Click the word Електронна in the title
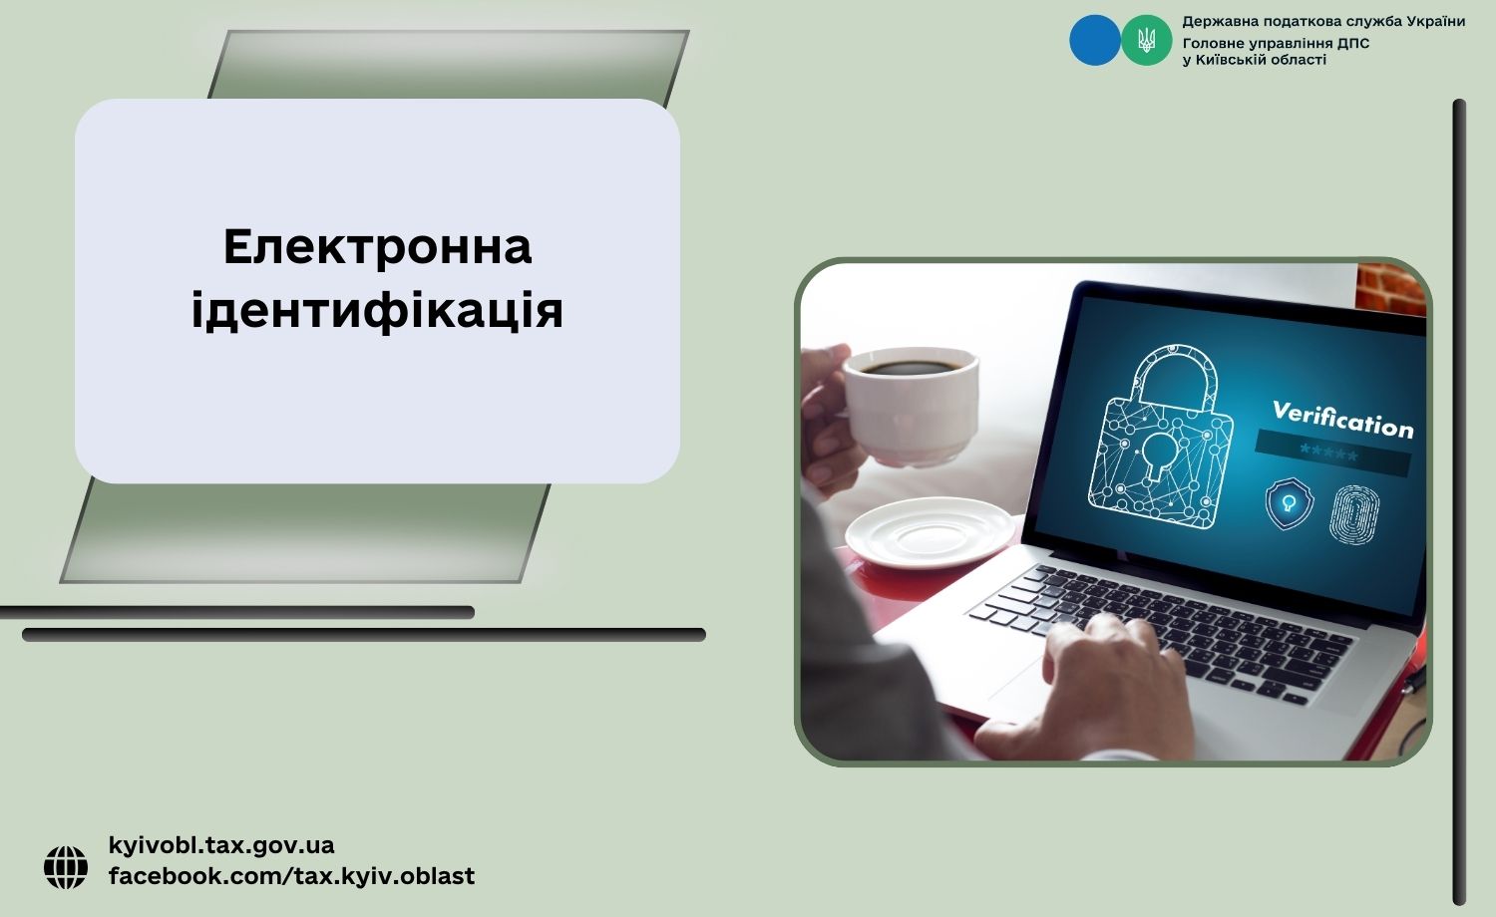pyautogui.click(x=377, y=247)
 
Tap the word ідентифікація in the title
pyautogui.click(x=377, y=311)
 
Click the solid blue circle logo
pyautogui.click(x=1095, y=40)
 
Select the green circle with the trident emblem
pyautogui.click(x=1146, y=40)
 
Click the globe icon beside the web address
pyautogui.click(x=66, y=867)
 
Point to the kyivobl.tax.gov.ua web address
pyautogui.click(x=221, y=845)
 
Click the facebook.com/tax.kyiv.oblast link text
pyautogui.click(x=291, y=875)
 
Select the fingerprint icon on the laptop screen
pyautogui.click(x=1355, y=514)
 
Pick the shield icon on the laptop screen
pyautogui.click(x=1289, y=504)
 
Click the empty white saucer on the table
pyautogui.click(x=931, y=532)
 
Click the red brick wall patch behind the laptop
pyautogui.click(x=1390, y=289)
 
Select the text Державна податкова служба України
pyautogui.click(x=1323, y=21)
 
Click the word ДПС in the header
pyautogui.click(x=1353, y=44)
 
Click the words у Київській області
pyautogui.click(x=1255, y=60)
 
